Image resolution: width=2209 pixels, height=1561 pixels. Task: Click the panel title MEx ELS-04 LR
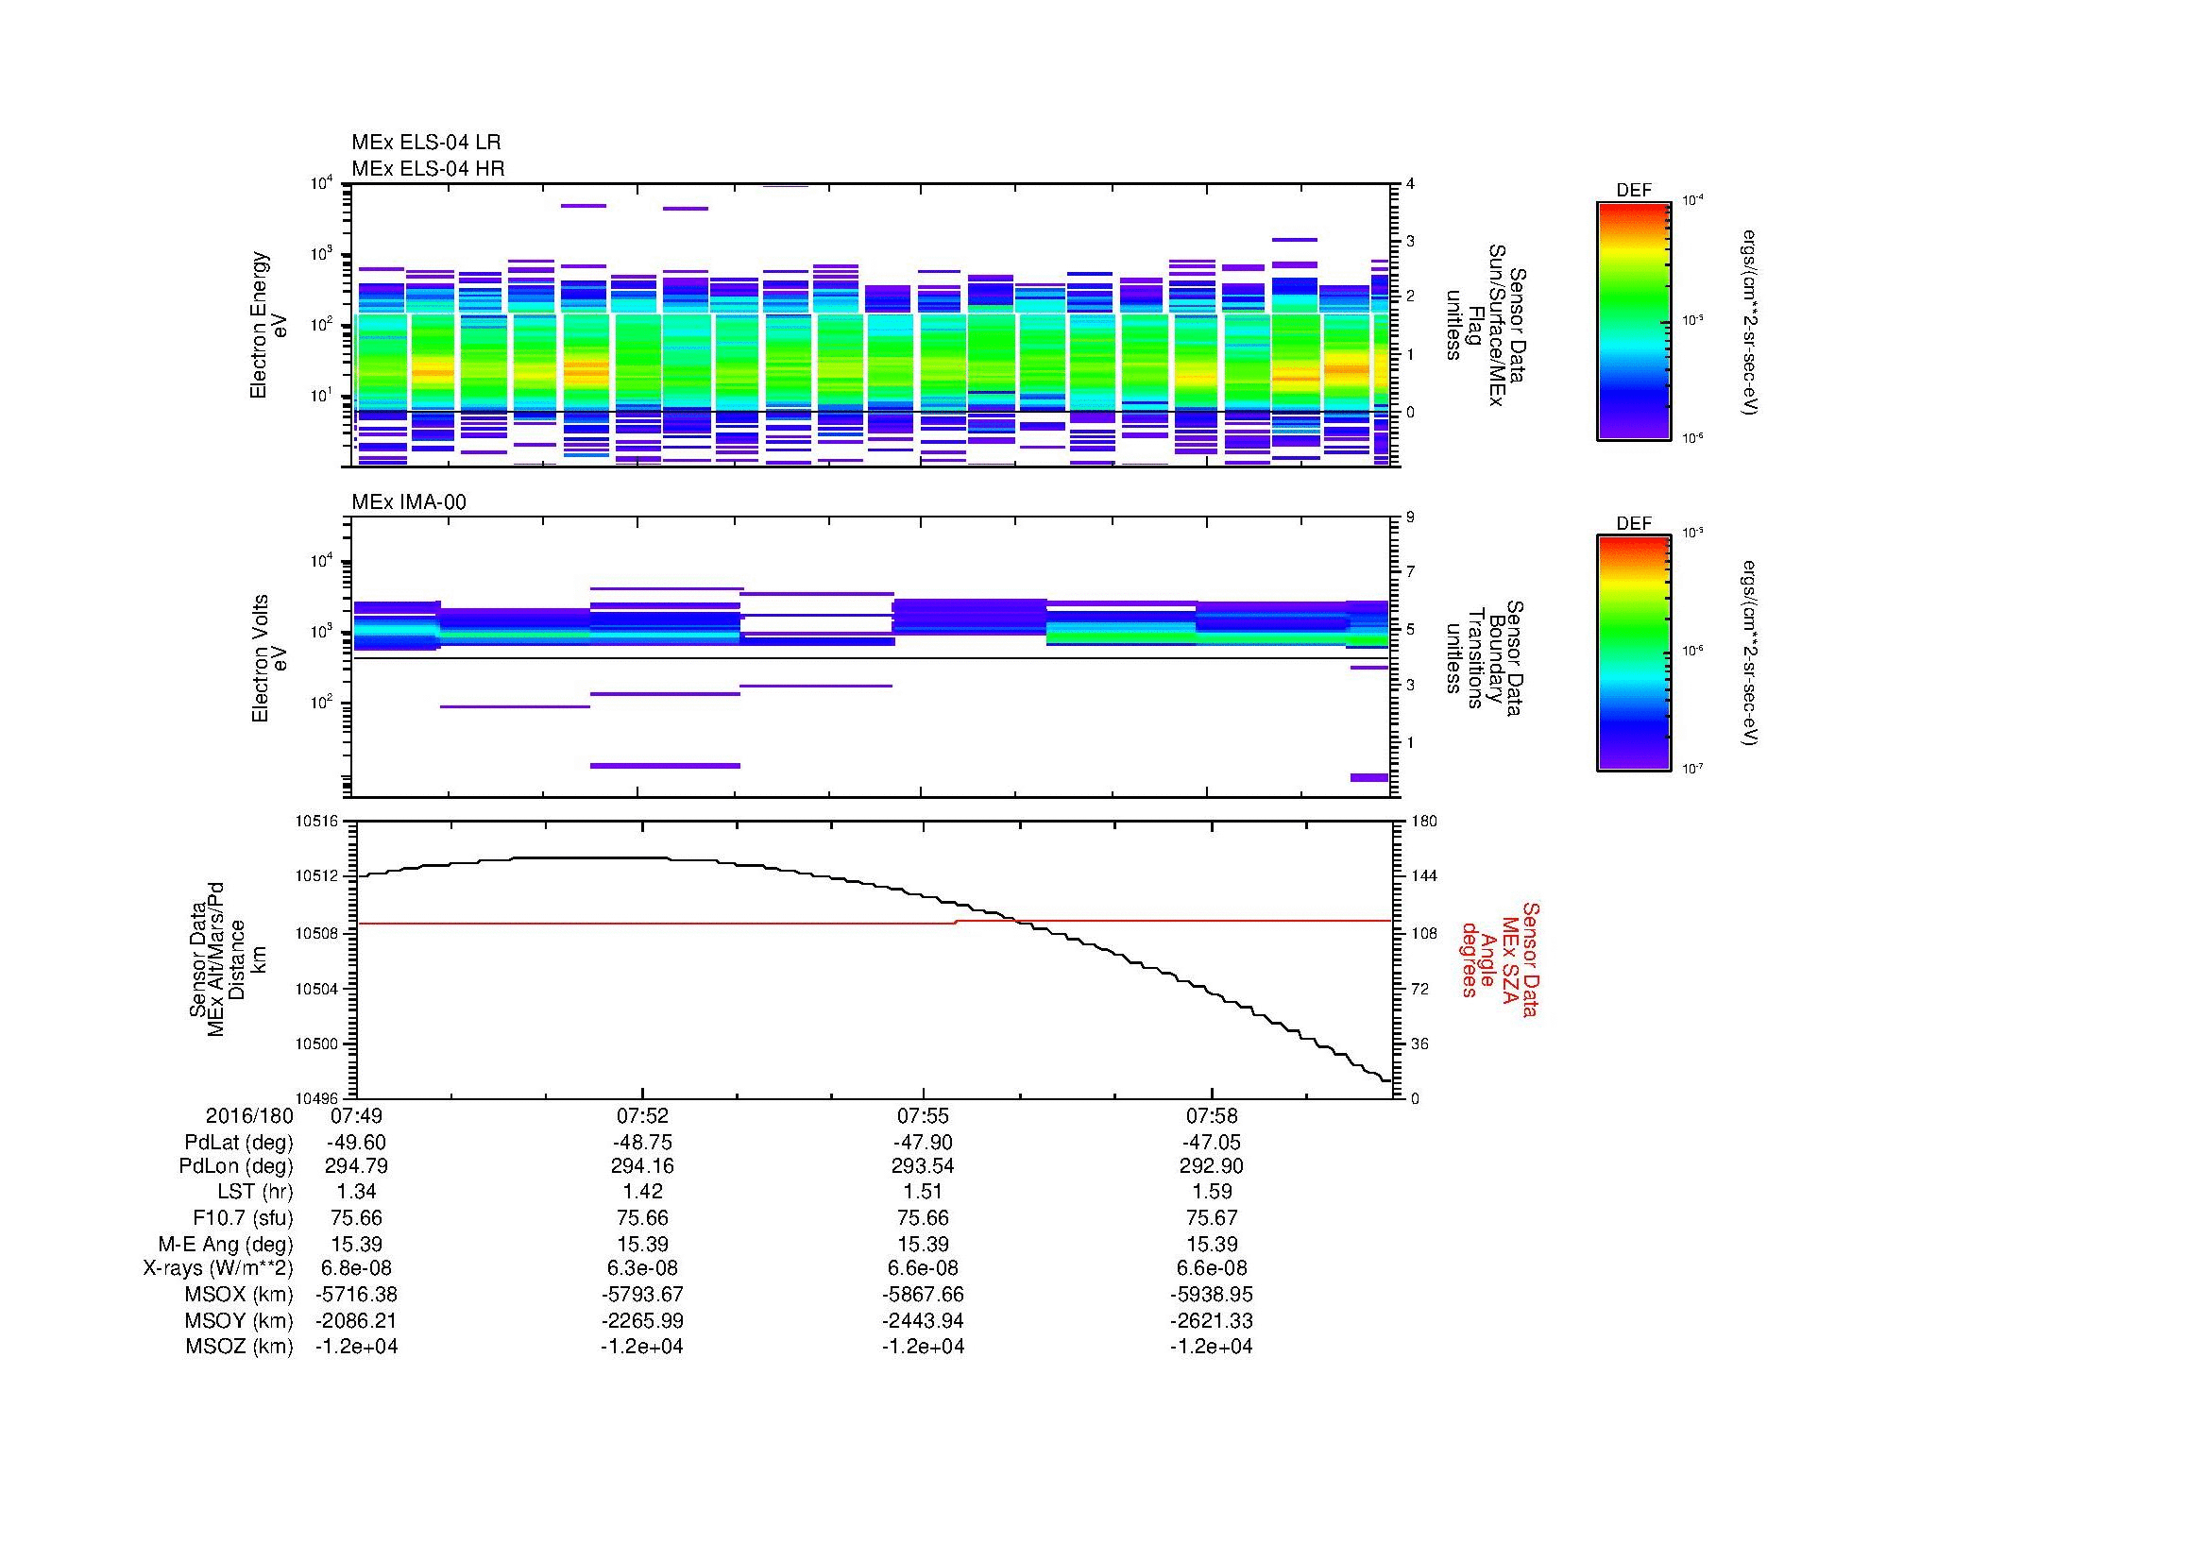point(425,144)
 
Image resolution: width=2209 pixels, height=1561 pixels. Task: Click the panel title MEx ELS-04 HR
point(427,169)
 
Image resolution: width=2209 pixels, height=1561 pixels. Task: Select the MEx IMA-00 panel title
point(408,502)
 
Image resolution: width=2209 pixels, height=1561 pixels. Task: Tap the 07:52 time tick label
point(641,1116)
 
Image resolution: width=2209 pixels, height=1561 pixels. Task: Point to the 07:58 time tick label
point(1212,1116)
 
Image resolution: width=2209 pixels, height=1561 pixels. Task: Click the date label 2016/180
point(249,1116)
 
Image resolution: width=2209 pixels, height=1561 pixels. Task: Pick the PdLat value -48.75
point(641,1143)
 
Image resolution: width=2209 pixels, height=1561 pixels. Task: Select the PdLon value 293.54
point(923,1166)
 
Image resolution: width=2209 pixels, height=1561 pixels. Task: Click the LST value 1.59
point(1212,1193)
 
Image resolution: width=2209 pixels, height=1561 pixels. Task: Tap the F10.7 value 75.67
point(1212,1217)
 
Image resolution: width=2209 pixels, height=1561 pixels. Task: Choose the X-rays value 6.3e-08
point(641,1268)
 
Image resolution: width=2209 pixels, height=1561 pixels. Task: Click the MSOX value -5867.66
point(923,1295)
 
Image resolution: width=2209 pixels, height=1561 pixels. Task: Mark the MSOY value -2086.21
point(356,1320)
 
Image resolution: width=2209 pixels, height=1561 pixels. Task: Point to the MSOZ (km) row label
point(239,1347)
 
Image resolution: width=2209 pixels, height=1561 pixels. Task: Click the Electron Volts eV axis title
point(270,658)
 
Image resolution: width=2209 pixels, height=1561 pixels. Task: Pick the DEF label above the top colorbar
point(1633,191)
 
